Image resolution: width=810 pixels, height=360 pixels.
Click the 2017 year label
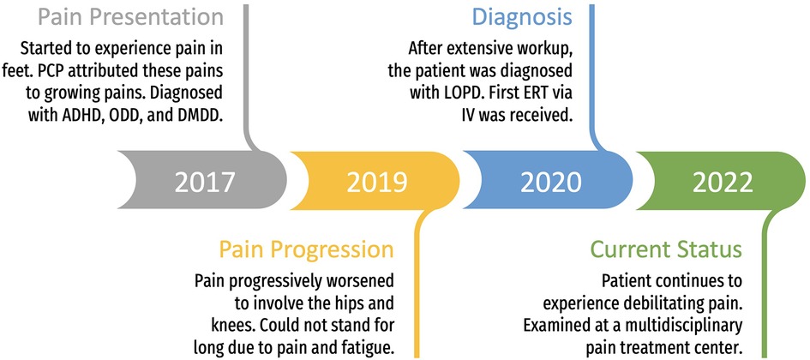(x=205, y=182)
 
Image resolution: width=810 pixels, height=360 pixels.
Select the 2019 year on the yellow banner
(x=377, y=182)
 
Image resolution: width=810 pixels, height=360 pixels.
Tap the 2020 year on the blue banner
(x=550, y=182)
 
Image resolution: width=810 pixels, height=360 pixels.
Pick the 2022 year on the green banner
(x=723, y=182)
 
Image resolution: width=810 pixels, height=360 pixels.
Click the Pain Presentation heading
(x=139, y=16)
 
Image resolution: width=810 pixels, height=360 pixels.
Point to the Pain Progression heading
(x=306, y=250)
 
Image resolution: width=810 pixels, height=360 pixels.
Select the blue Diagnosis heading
(x=523, y=17)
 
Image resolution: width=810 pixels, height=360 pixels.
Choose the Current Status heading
(x=666, y=250)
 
